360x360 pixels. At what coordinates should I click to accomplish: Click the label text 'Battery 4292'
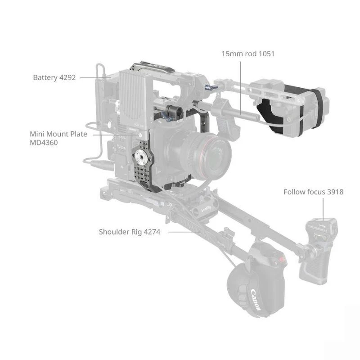(51, 77)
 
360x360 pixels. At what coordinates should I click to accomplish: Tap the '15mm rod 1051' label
(247, 54)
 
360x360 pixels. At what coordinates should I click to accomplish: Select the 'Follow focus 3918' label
(313, 192)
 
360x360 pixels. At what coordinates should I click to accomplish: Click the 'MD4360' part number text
(44, 143)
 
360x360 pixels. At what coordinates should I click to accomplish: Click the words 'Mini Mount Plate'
(58, 134)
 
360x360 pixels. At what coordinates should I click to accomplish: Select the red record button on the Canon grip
(282, 260)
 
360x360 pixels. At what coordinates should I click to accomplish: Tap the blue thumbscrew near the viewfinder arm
(208, 87)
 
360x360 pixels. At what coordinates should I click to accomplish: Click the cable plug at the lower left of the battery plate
(96, 164)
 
